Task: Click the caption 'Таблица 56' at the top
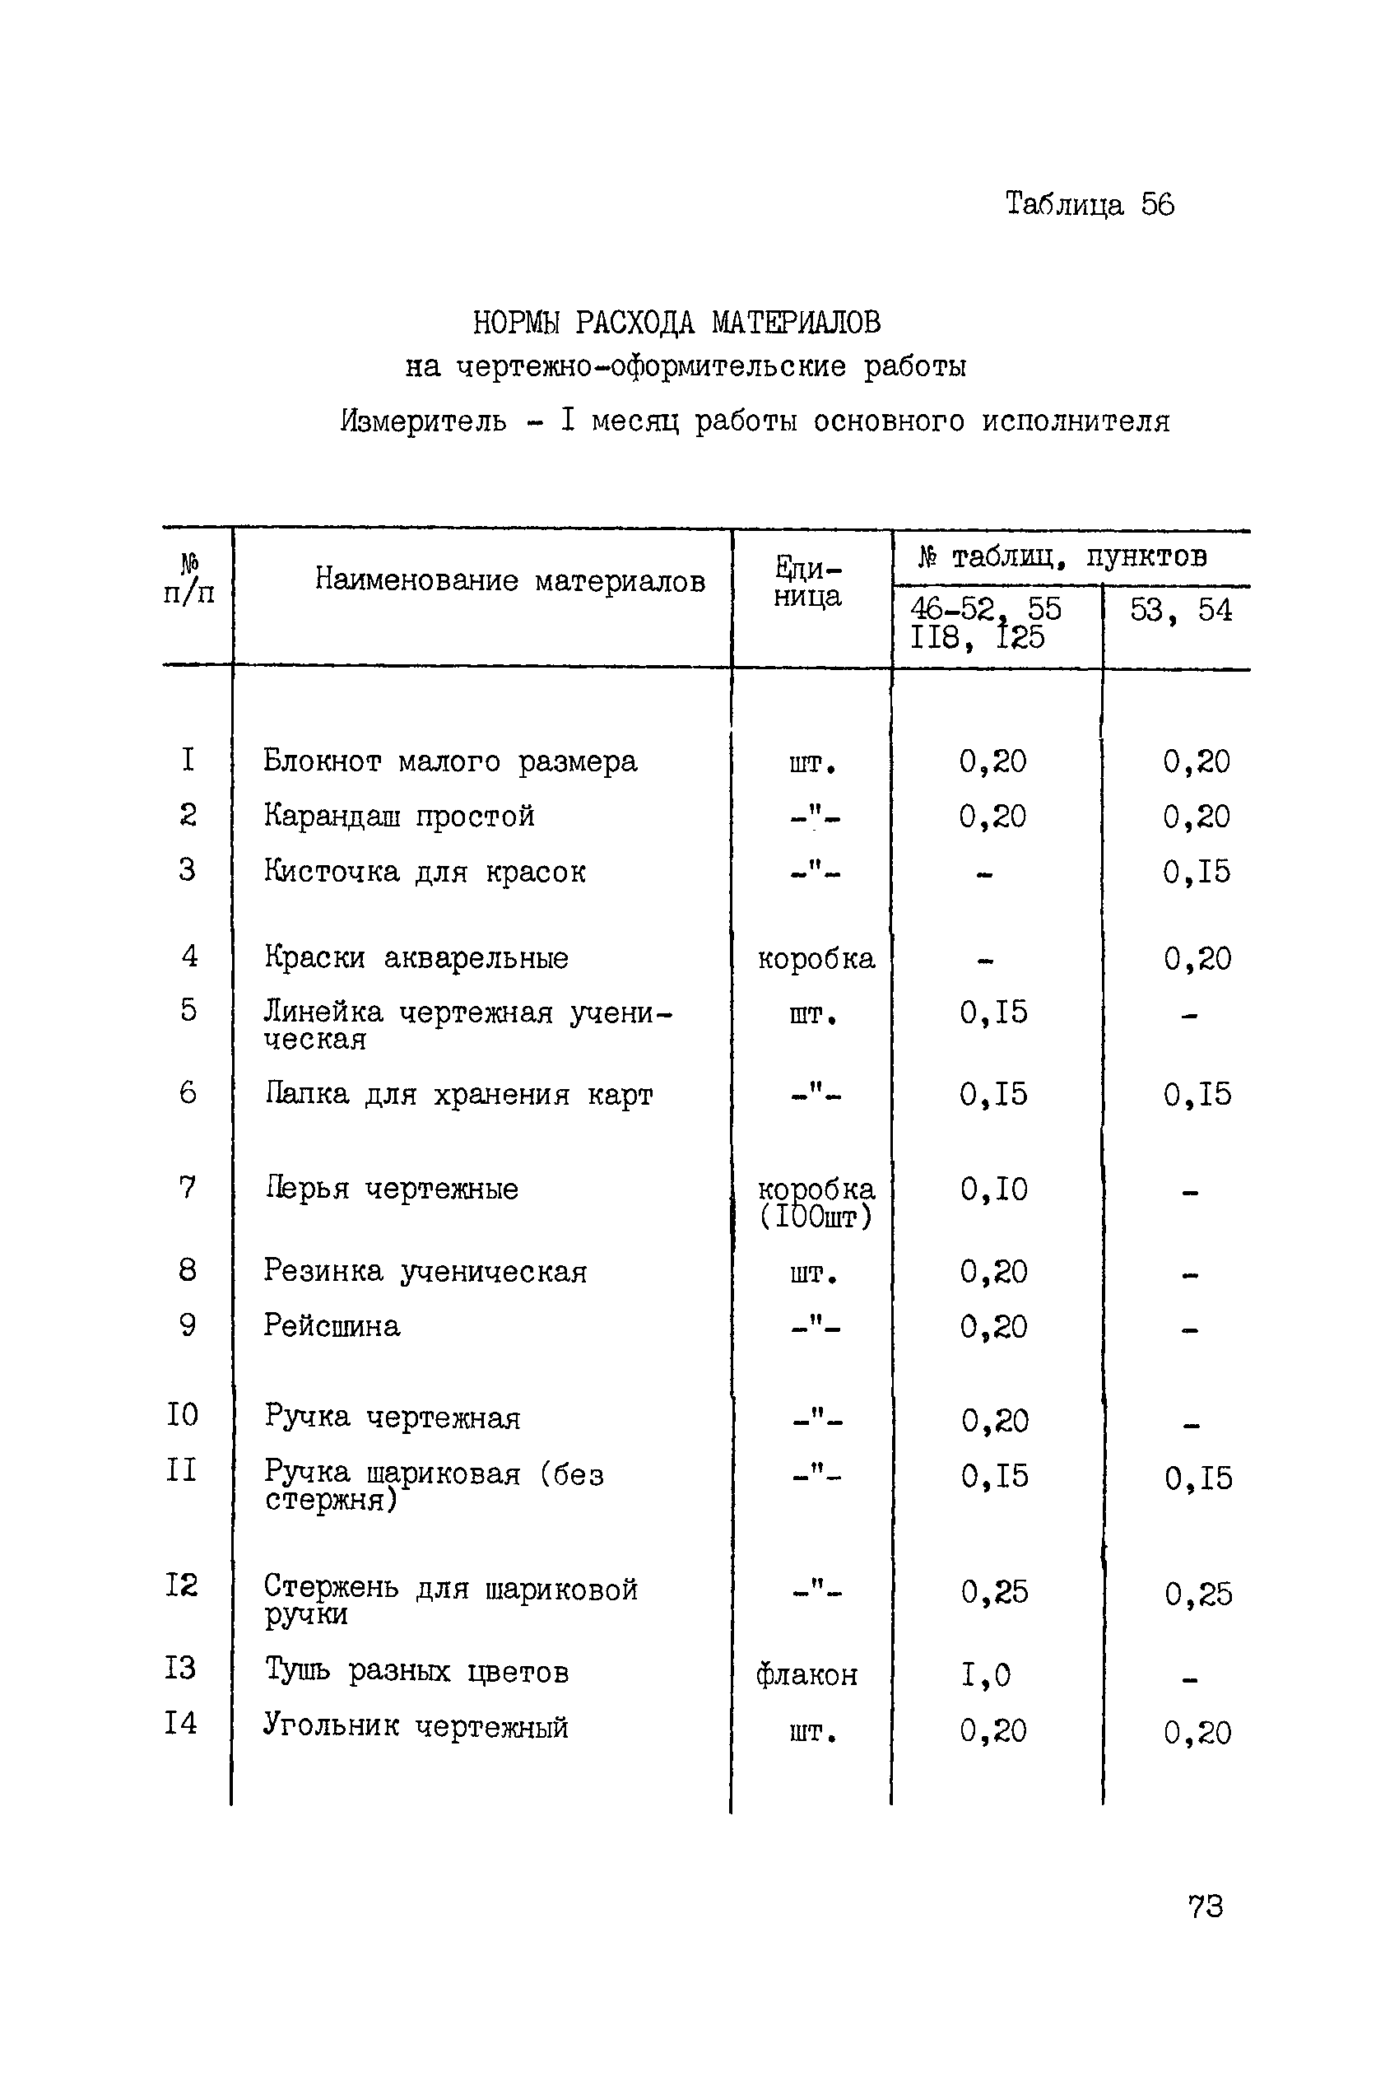tap(1090, 205)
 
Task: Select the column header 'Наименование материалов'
tap(509, 581)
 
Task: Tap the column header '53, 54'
tap(1180, 610)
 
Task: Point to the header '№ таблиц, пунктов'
tap(1062, 556)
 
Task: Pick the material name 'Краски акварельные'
tap(416, 957)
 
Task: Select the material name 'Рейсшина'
tap(331, 1325)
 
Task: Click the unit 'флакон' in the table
tap(806, 1676)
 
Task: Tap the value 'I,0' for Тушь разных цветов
tap(986, 1675)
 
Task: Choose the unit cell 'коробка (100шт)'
tap(816, 1202)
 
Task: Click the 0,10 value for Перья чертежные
tap(993, 1189)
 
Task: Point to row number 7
tap(188, 1187)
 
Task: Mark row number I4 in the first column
tap(180, 1722)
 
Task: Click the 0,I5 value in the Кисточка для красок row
tap(1196, 872)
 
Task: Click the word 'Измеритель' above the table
tap(423, 421)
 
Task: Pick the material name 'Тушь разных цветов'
tap(416, 1670)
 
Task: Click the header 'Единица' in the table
tap(807, 581)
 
